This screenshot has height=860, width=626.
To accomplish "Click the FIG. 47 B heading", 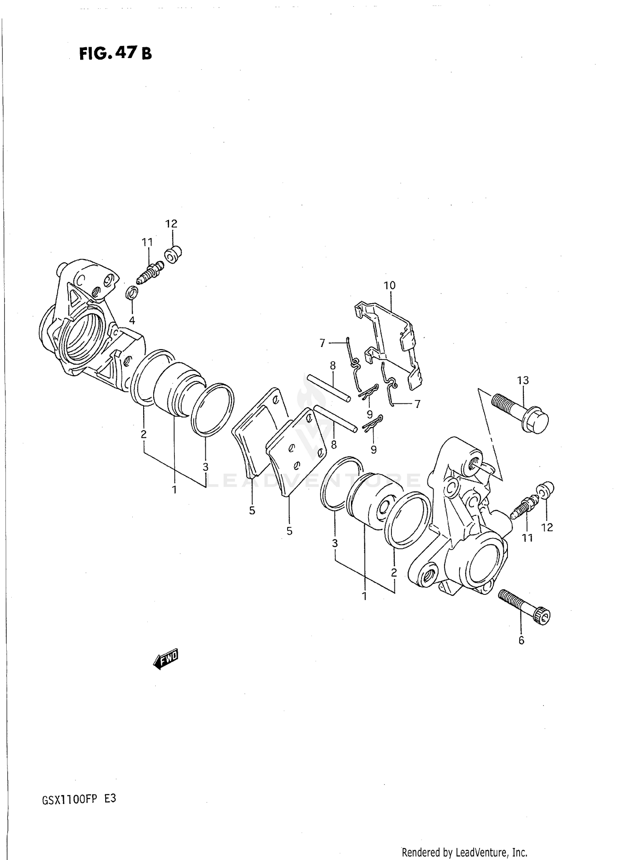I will tap(115, 53).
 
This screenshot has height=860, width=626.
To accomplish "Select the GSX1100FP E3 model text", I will tap(79, 799).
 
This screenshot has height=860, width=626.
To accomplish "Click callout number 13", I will tap(523, 380).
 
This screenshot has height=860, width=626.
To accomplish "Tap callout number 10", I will tap(389, 286).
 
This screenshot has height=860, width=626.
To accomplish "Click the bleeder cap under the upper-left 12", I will tap(173, 254).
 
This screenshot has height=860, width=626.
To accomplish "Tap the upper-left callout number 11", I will tap(147, 242).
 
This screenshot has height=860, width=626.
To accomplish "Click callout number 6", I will tap(521, 640).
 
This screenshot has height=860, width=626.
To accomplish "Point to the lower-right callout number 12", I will tap(547, 528).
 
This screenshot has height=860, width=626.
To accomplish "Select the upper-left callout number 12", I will tap(171, 223).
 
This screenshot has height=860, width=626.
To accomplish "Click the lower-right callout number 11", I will tap(528, 538).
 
